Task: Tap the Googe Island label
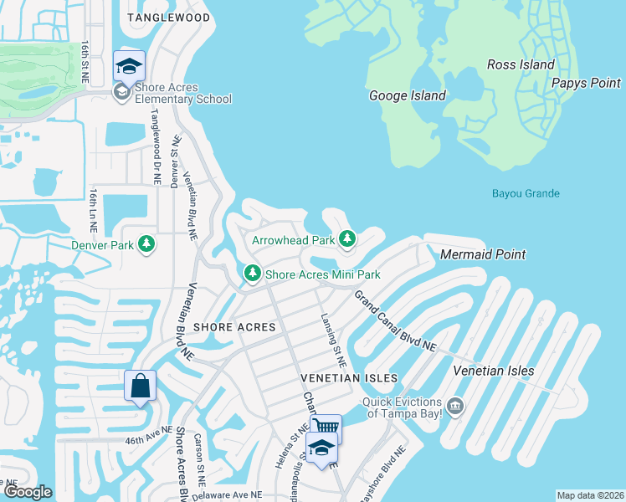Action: point(408,95)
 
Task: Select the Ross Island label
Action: point(521,64)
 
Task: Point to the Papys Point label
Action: point(586,83)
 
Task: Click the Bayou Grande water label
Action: point(525,194)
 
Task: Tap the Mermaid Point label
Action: point(483,254)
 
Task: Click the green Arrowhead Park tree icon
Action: point(347,241)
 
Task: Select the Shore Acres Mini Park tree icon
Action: point(252,274)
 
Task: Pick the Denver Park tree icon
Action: point(147,245)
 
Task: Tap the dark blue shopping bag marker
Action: point(140,387)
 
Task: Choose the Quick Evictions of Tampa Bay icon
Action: point(454,407)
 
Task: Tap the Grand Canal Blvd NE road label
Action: point(395,320)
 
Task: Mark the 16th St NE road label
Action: point(85,60)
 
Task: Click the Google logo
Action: point(28,492)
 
